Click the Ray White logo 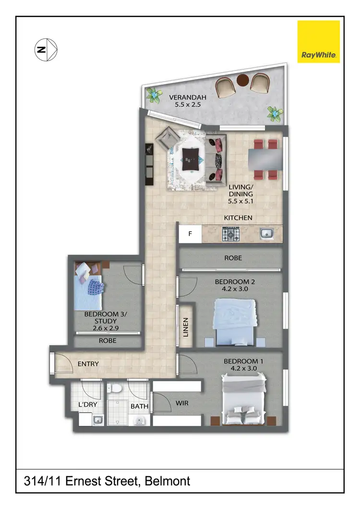pyautogui.click(x=319, y=41)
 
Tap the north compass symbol pyautogui.click(x=46, y=49)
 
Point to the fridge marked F pyautogui.click(x=190, y=235)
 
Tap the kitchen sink pyautogui.click(x=266, y=234)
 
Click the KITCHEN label pyautogui.click(x=238, y=218)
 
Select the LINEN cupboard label pyautogui.click(x=186, y=326)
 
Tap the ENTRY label pyautogui.click(x=88, y=364)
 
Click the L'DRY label pyautogui.click(x=88, y=405)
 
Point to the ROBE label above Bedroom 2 pyautogui.click(x=233, y=258)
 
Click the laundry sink pyautogui.click(x=97, y=420)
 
